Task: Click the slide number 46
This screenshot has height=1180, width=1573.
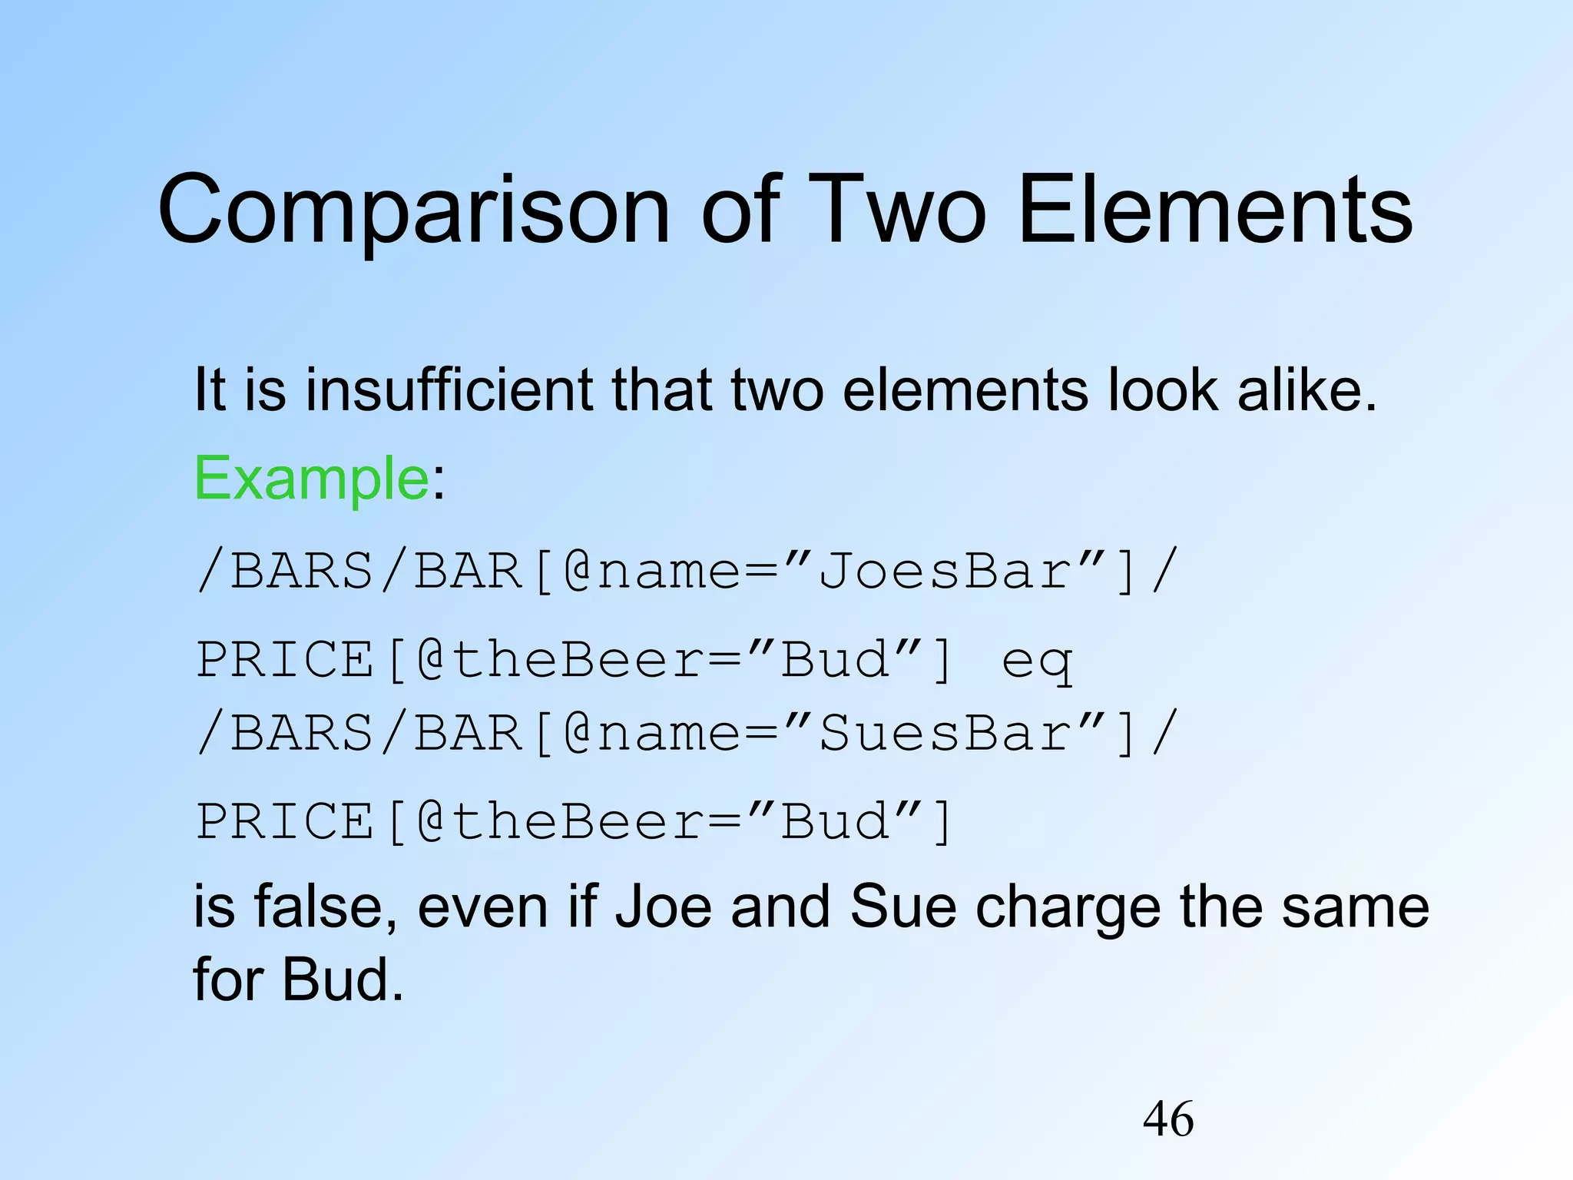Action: [x=1168, y=1119]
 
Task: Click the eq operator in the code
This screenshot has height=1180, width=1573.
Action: [x=1036, y=661]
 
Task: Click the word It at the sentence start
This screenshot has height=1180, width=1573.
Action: [x=210, y=389]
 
